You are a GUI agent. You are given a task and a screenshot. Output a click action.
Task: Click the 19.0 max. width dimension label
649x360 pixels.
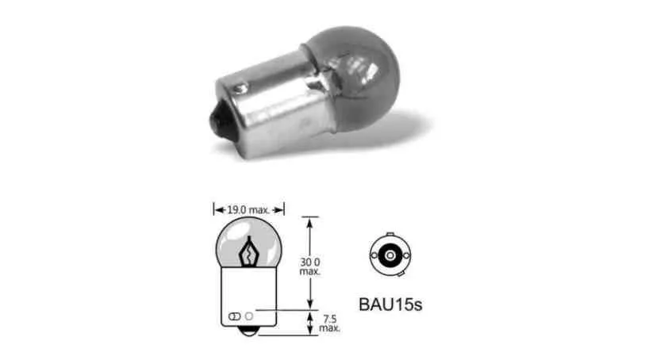pos(248,210)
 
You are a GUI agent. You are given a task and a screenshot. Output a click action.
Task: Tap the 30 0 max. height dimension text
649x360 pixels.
pos(310,266)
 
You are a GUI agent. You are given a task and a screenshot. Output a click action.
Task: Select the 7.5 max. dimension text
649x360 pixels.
pos(329,324)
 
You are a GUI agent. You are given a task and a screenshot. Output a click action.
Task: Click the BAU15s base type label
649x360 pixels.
pos(390,304)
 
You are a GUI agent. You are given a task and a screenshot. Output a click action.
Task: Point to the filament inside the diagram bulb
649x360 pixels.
pos(249,252)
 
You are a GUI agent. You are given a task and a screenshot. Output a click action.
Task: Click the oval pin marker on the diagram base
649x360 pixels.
pos(234,316)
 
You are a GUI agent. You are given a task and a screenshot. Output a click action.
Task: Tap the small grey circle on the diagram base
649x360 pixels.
pos(249,316)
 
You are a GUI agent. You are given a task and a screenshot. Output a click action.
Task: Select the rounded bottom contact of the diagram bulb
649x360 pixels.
pos(248,331)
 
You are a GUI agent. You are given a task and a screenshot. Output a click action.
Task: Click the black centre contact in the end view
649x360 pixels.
pos(390,255)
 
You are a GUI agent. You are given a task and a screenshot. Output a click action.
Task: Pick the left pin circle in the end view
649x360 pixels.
pos(374,255)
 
